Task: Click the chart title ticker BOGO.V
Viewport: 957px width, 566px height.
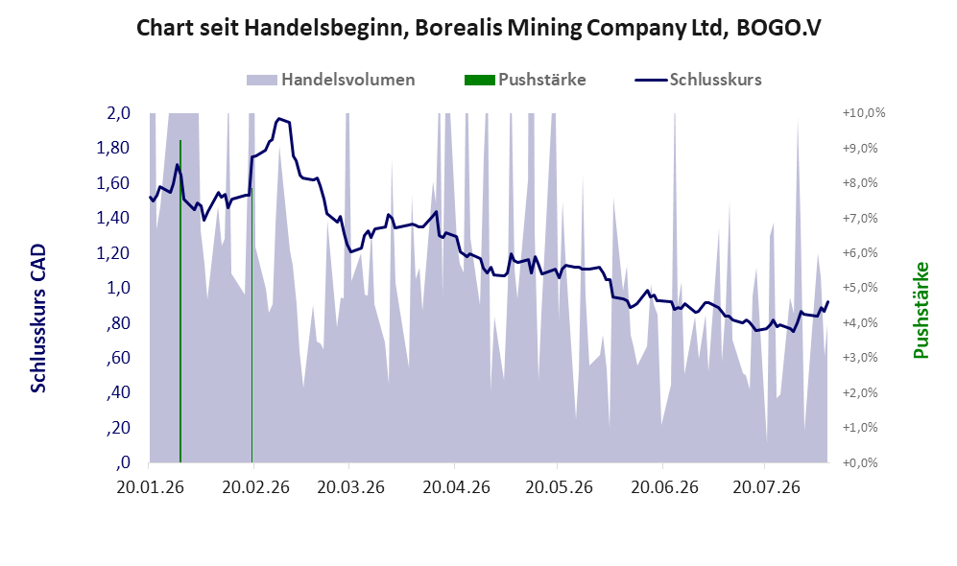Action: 778,28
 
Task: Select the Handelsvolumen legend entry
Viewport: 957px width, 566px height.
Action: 331,80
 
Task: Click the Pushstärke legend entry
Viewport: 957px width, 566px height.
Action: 525,80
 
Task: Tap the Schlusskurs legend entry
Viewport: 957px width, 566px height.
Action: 698,80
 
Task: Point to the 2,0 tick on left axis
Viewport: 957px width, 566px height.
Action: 118,113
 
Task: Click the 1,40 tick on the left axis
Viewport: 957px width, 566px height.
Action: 113,218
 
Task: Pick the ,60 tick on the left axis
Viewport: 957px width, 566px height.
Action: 118,358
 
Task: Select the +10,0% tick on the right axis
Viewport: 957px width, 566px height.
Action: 864,113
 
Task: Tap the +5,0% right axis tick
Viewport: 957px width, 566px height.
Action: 860,287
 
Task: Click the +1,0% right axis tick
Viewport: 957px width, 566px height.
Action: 860,427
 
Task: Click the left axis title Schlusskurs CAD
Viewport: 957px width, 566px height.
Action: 37,318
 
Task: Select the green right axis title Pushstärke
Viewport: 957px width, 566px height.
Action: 921,311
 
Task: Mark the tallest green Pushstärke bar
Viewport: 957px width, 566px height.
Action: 180,301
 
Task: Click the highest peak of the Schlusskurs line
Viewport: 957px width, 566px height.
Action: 279,118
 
